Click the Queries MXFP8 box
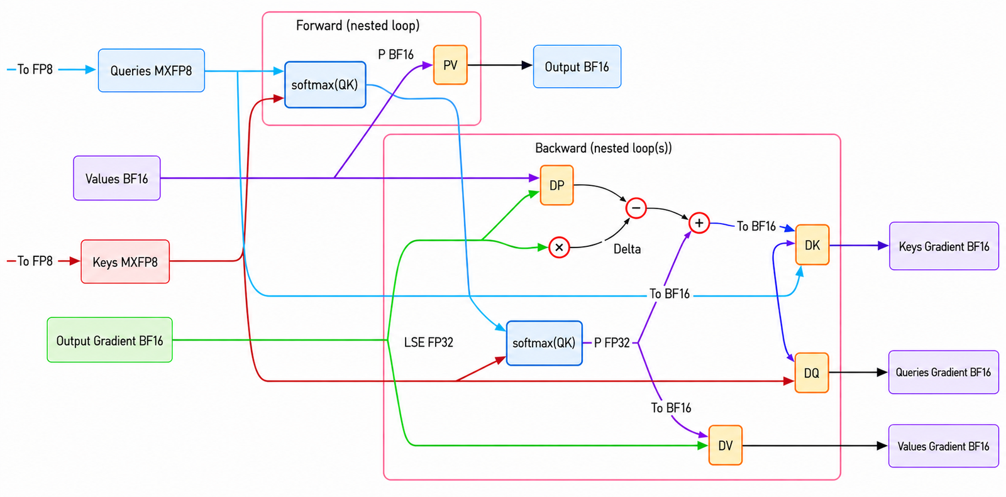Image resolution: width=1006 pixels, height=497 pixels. tap(152, 70)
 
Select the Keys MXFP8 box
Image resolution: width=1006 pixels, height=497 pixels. tap(125, 262)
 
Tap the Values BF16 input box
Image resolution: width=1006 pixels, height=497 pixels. tap(117, 178)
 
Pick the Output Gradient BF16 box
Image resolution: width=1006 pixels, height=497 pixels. tap(109, 340)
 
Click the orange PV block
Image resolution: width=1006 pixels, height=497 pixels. tap(450, 65)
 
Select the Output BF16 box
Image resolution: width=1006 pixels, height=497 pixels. tap(577, 67)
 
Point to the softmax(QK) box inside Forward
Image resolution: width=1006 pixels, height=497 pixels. tap(325, 84)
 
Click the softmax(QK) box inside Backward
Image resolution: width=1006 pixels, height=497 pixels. tap(544, 343)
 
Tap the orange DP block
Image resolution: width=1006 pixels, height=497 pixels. tap(557, 185)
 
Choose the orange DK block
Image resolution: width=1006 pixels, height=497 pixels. tap(812, 244)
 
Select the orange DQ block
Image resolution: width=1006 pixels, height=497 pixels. tap(812, 373)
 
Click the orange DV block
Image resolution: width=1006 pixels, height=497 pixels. tap(726, 445)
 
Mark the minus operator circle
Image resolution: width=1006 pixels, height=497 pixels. tap(636, 208)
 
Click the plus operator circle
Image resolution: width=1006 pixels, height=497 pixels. tap(699, 223)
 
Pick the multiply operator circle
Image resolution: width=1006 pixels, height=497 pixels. tap(559, 248)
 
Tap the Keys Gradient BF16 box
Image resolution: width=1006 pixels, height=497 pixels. tap(944, 246)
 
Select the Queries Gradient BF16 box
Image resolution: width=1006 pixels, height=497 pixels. tap(944, 372)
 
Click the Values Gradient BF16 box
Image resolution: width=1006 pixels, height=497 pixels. tap(944, 446)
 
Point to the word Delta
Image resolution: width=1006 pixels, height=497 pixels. tap(627, 249)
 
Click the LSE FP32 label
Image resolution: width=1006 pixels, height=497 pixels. tap(428, 342)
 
